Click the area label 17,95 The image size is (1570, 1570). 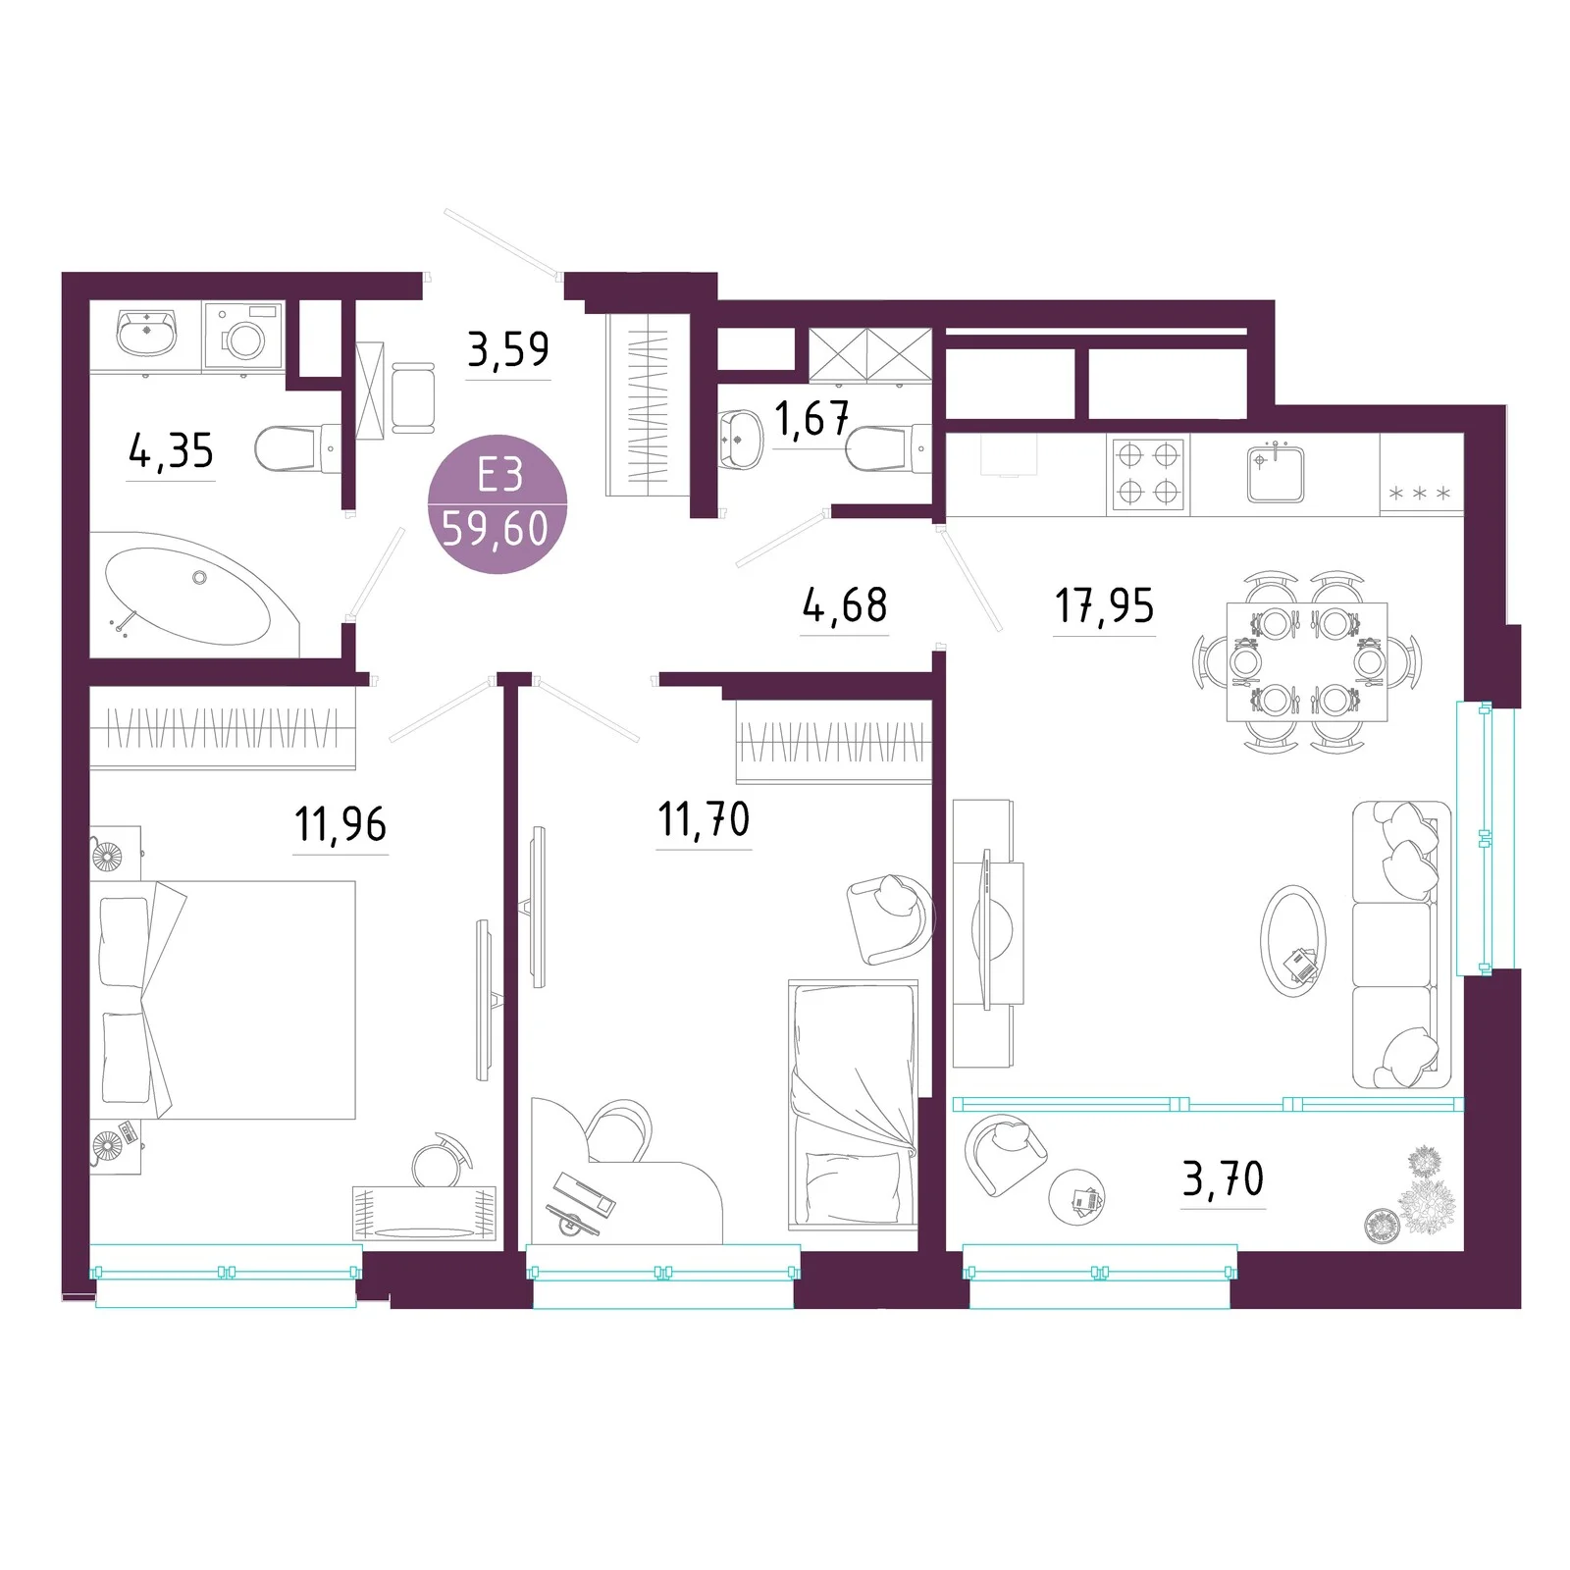coord(1104,605)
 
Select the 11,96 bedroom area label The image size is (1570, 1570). coord(340,824)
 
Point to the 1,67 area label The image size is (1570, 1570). coord(811,419)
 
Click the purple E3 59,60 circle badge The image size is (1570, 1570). coord(497,503)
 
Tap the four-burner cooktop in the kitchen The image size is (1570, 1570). coord(1148,474)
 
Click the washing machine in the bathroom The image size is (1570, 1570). coord(243,337)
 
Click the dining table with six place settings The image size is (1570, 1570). coord(1307,661)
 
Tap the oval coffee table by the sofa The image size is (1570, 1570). coord(1292,941)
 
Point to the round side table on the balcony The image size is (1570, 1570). coord(1076,1197)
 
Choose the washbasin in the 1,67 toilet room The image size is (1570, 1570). coord(741,441)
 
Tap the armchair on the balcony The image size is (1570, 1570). coord(1005,1154)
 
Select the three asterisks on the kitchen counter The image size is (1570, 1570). coord(1419,494)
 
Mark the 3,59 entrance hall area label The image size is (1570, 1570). coord(508,348)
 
